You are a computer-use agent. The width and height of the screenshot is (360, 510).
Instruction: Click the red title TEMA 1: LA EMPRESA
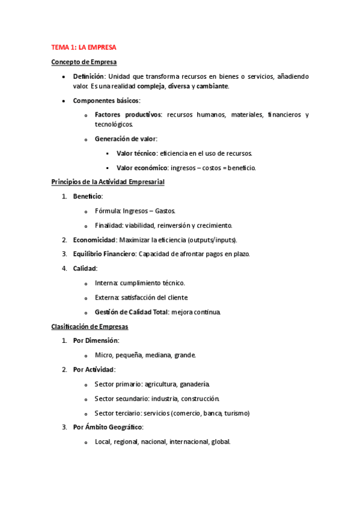point(83,47)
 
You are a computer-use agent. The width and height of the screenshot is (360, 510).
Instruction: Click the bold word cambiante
point(212,87)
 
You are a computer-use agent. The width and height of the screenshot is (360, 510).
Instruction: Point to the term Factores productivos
point(128,115)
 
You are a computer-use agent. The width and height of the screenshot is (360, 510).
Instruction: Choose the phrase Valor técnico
point(136,153)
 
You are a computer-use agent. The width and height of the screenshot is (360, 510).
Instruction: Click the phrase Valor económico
point(141,168)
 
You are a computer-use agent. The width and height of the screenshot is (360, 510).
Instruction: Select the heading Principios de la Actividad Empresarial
point(107,182)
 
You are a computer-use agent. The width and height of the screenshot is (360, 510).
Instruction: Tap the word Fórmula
point(107,211)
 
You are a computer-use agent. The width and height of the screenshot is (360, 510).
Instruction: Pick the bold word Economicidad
point(94,240)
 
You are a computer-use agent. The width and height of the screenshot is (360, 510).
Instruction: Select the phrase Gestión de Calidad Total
point(132,312)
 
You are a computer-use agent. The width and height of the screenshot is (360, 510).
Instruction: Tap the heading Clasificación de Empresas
point(89,327)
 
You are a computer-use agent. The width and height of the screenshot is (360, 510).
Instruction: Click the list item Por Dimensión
point(96,341)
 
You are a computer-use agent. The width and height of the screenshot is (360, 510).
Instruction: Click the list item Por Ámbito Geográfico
point(108,428)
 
